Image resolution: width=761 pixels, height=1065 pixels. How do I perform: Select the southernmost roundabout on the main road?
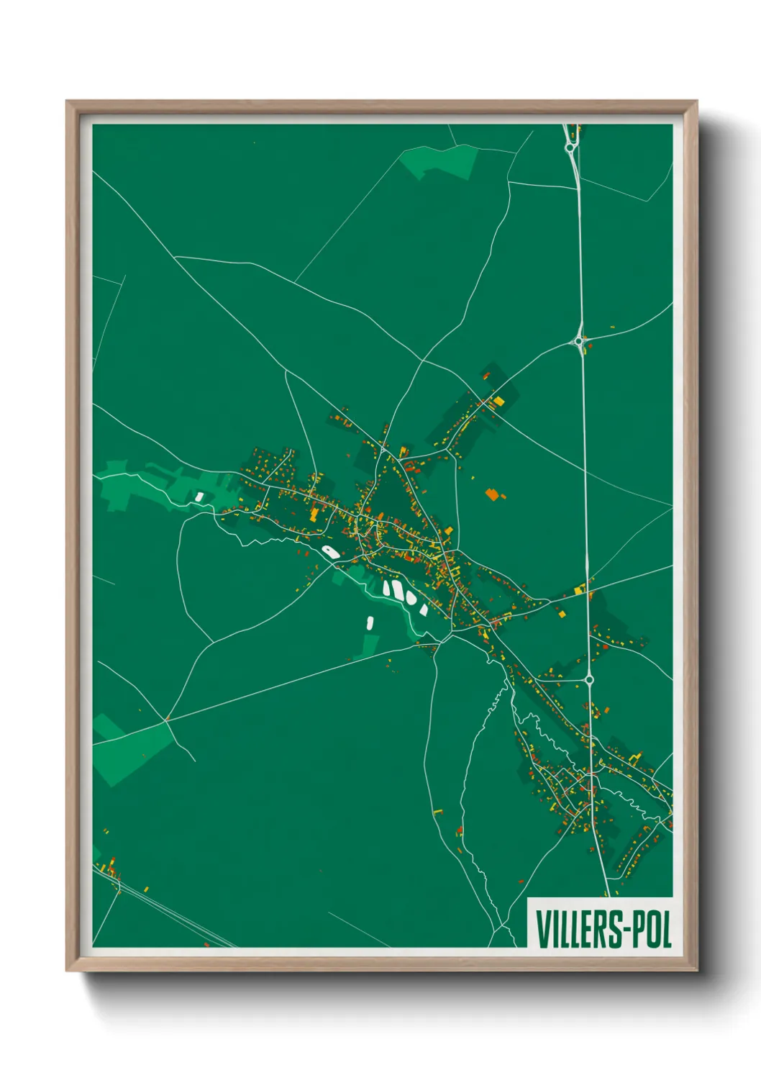pos(588,679)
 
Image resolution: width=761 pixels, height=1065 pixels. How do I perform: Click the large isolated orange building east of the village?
pos(492,494)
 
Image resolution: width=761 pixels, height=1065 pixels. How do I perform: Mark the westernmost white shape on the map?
pos(199,496)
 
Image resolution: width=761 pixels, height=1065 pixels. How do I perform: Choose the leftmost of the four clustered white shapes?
pos(387,589)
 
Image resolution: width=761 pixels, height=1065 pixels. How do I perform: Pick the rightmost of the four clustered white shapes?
pos(424,610)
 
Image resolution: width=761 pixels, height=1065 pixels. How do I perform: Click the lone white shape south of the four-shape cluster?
pos(370,622)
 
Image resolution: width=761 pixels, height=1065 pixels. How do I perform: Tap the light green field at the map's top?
pos(440,162)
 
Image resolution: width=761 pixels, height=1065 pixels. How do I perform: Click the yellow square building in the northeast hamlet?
pos(498,400)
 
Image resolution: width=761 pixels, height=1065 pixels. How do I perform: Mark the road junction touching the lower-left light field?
pos(167,720)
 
